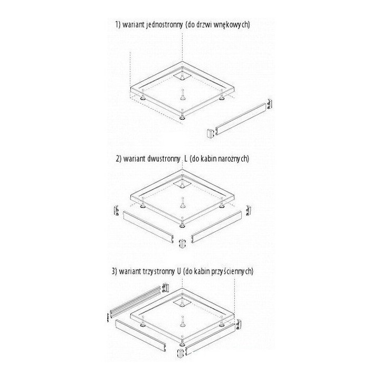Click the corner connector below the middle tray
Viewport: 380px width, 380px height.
[x=182, y=244]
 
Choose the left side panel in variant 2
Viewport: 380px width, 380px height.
[x=149, y=227]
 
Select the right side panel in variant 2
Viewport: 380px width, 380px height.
[x=216, y=227]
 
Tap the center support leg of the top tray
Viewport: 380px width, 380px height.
[x=182, y=94]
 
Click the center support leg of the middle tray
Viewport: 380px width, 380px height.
[x=182, y=202]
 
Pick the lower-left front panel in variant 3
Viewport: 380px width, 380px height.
[x=141, y=335]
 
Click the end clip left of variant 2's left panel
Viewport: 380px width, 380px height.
[x=116, y=210]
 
